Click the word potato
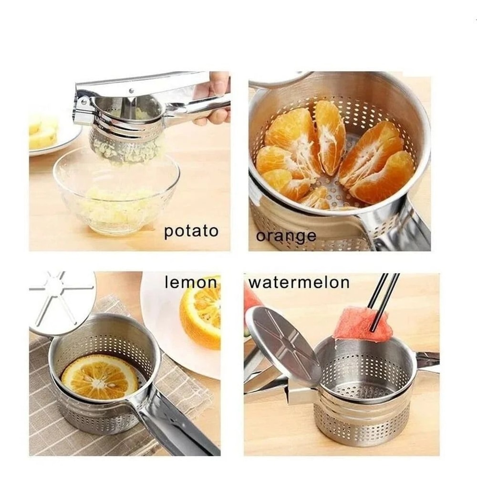(x=191, y=232)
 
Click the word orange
(x=286, y=236)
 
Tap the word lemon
(x=190, y=282)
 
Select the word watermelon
(x=299, y=282)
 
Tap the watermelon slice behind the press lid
(x=252, y=298)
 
